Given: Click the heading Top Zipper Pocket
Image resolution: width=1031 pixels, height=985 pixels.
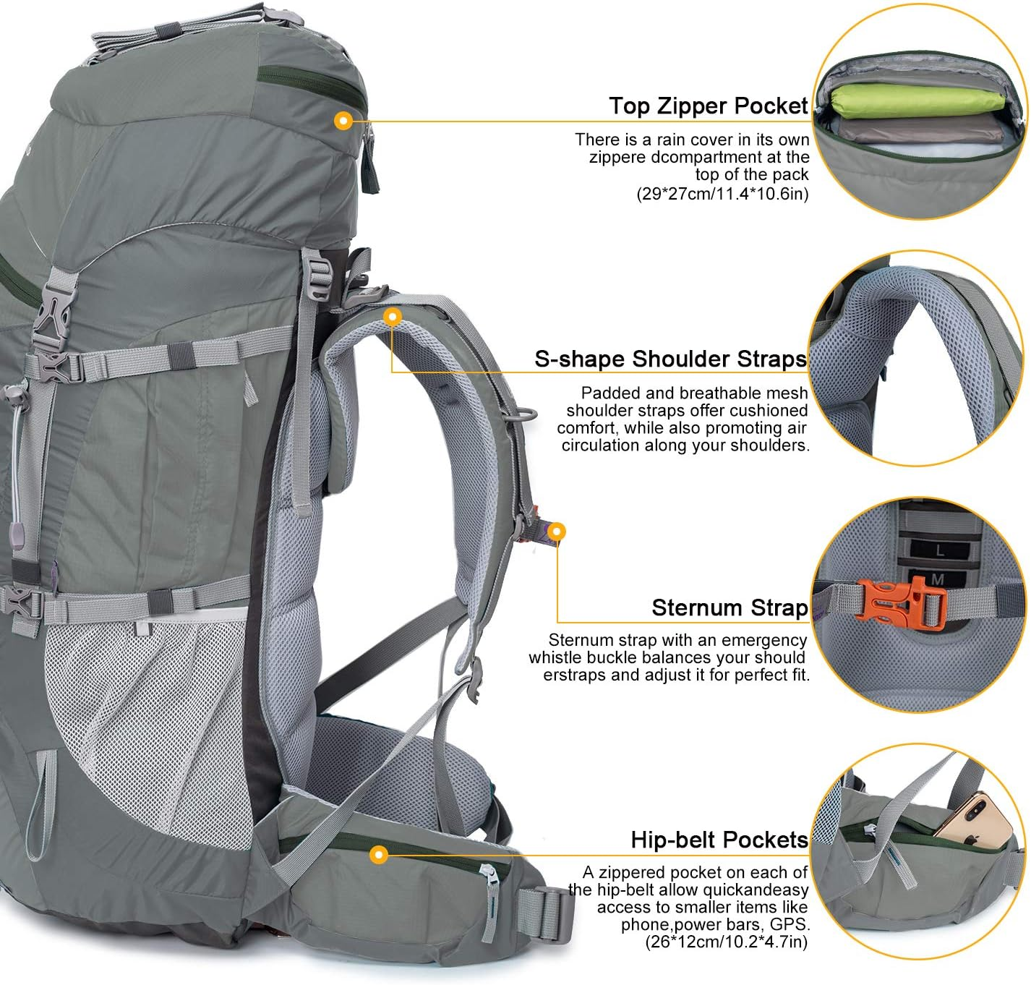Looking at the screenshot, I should pos(708,106).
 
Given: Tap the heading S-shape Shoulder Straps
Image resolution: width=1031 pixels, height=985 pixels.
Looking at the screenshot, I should pos(670,359).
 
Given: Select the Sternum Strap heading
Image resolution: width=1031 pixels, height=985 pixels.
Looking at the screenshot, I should pos(730,607).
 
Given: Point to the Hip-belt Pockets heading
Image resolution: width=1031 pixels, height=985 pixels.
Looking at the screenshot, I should pos(719,840).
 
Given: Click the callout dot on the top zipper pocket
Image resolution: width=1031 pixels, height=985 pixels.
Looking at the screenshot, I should pos(344,120).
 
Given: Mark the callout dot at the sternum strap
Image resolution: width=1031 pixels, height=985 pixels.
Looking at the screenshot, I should pos(556,532).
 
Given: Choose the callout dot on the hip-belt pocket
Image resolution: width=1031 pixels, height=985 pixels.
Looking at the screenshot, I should pos(377,856).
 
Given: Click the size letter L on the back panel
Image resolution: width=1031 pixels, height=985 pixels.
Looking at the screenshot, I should pos(939,550).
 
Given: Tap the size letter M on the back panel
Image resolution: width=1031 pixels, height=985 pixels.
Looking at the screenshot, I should pos(938,579).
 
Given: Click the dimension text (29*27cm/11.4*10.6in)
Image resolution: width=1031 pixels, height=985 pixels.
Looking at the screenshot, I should pos(722,194).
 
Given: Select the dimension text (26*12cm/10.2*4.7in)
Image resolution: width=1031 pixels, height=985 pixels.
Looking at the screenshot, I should pos(726,942).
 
